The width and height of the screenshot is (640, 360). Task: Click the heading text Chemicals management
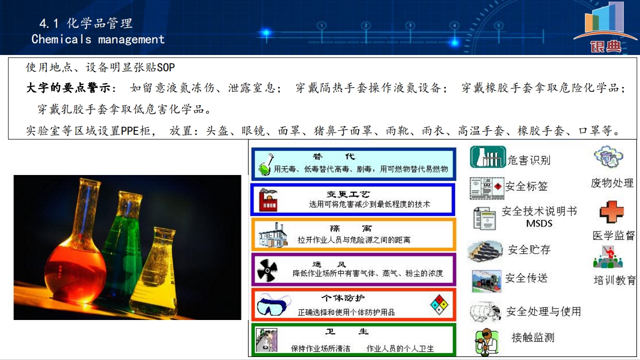(x=98, y=39)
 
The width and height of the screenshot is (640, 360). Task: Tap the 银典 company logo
(x=605, y=27)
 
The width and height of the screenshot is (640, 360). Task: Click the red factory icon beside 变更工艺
(x=267, y=199)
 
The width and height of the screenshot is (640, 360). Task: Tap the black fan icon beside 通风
(x=267, y=270)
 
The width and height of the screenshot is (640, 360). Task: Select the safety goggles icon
(x=273, y=304)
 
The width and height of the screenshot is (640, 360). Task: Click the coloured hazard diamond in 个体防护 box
(x=439, y=305)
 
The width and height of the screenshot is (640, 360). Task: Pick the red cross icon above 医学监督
(x=611, y=212)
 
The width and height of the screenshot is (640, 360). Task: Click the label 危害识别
(x=529, y=160)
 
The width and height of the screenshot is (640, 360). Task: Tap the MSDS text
(x=539, y=223)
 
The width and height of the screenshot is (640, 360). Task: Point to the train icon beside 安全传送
(x=486, y=281)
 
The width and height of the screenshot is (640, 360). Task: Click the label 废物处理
(x=612, y=183)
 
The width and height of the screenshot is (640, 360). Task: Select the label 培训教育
(x=615, y=280)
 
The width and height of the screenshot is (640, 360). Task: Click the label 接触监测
(x=533, y=337)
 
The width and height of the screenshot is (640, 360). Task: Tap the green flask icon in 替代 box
(x=265, y=164)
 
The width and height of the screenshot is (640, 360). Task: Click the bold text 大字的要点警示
(x=68, y=87)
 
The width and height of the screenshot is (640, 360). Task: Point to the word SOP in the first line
(x=165, y=67)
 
